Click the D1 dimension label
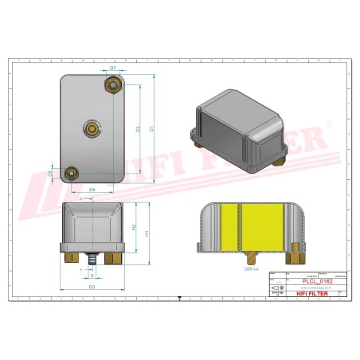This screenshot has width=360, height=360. pyautogui.click(x=151, y=128)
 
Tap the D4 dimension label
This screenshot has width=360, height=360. pyautogui.click(x=92, y=190)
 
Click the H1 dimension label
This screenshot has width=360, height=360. pyautogui.click(x=147, y=233)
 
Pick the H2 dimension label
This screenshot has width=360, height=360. pyautogui.click(x=134, y=228)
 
